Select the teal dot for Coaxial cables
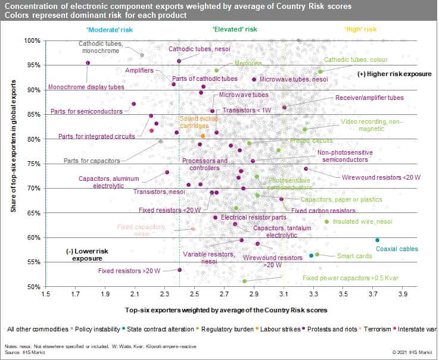(x=377, y=240)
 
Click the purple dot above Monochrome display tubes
(x=88, y=62)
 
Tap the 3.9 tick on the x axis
(x=403, y=294)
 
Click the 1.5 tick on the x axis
(x=45, y=294)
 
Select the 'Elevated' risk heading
(x=235, y=29)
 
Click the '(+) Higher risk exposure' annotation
(x=394, y=74)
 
